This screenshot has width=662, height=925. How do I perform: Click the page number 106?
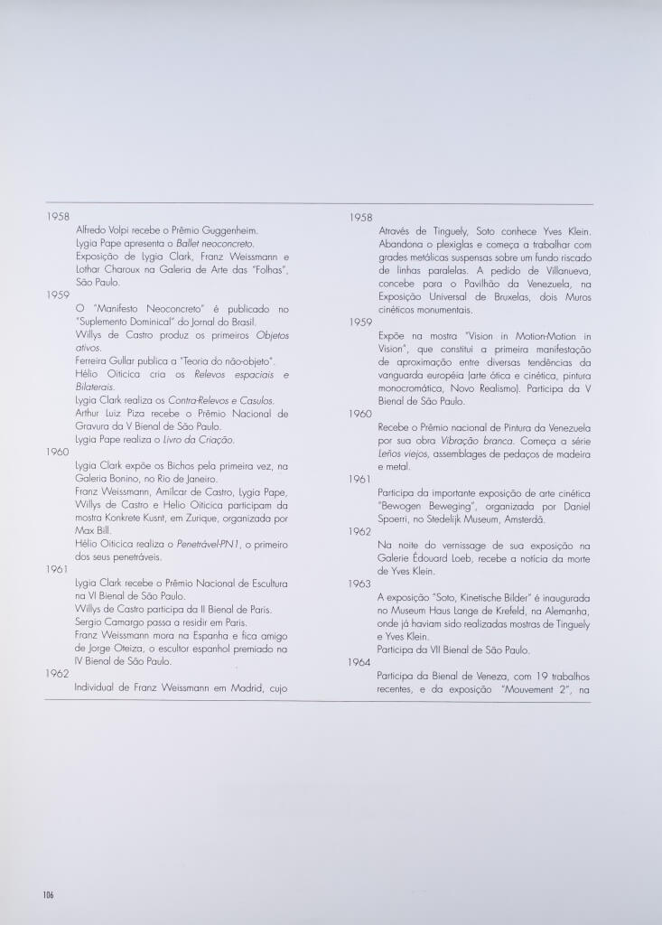(48, 894)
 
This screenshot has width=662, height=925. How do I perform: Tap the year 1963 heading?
(360, 584)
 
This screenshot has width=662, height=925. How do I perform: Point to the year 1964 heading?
(360, 662)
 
